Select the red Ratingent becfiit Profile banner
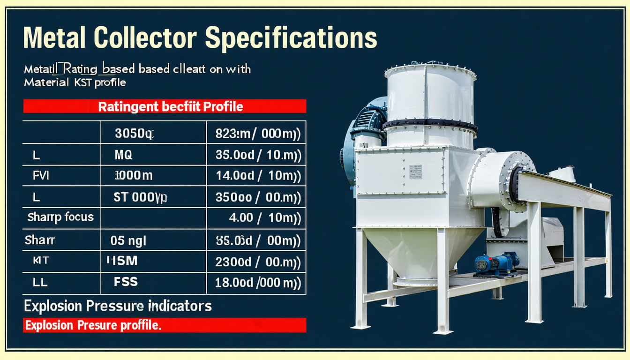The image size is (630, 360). click(165, 106)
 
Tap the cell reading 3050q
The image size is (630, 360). click(134, 135)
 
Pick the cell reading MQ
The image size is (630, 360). click(124, 155)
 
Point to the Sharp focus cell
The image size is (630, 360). click(60, 217)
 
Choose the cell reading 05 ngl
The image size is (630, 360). click(128, 241)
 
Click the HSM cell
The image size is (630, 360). click(126, 261)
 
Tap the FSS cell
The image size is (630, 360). click(126, 282)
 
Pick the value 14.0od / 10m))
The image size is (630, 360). click(258, 176)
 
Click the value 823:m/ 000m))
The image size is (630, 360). click(258, 135)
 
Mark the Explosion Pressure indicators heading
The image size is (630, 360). click(118, 307)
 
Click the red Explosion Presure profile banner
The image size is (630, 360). click(165, 325)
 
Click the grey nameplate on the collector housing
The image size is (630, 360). click(415, 172)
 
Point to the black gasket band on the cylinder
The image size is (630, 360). click(430, 125)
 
